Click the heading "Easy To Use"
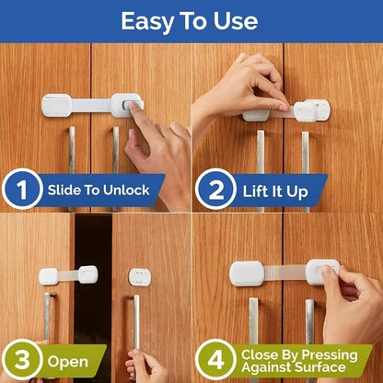(191, 20)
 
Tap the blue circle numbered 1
(22, 191)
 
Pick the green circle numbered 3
(22, 359)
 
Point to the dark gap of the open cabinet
(93, 295)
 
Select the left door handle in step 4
(253, 322)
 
